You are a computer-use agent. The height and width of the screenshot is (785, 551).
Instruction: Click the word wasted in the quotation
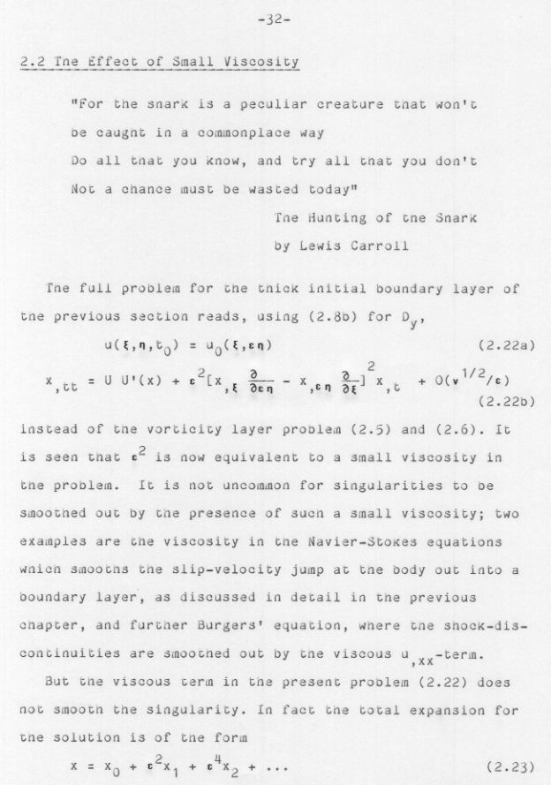point(260,189)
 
